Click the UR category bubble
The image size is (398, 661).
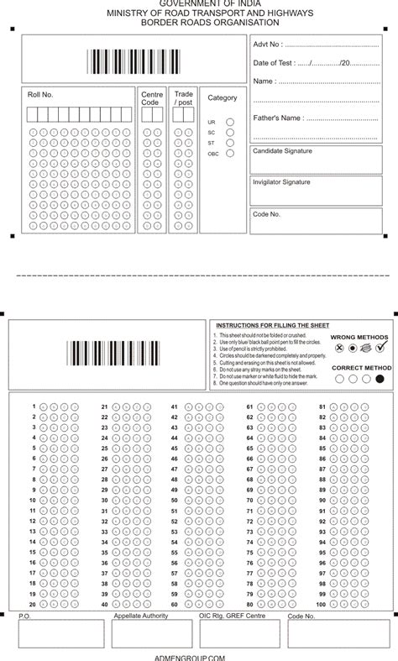[229, 122]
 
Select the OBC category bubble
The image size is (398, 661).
[229, 154]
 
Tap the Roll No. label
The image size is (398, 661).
[40, 95]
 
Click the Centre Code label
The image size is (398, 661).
[152, 98]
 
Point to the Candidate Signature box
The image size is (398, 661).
[320, 160]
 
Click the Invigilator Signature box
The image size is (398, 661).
[320, 191]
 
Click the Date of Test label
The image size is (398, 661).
[273, 63]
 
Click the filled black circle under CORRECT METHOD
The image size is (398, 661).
[380, 379]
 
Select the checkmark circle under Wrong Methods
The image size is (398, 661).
[380, 347]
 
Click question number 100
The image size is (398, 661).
[320, 604]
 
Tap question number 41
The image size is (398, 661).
[174, 407]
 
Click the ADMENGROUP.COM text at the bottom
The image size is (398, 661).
[200, 657]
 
